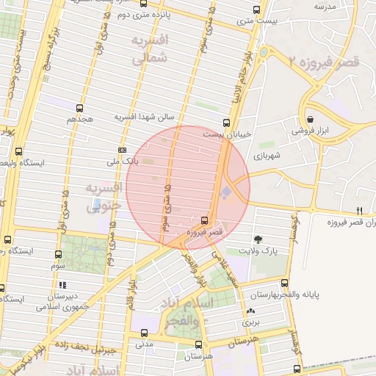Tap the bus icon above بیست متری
256,10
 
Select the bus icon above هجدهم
79,108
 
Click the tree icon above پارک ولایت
258,239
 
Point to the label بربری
252,322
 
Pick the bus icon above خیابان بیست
226,123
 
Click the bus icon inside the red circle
204,220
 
